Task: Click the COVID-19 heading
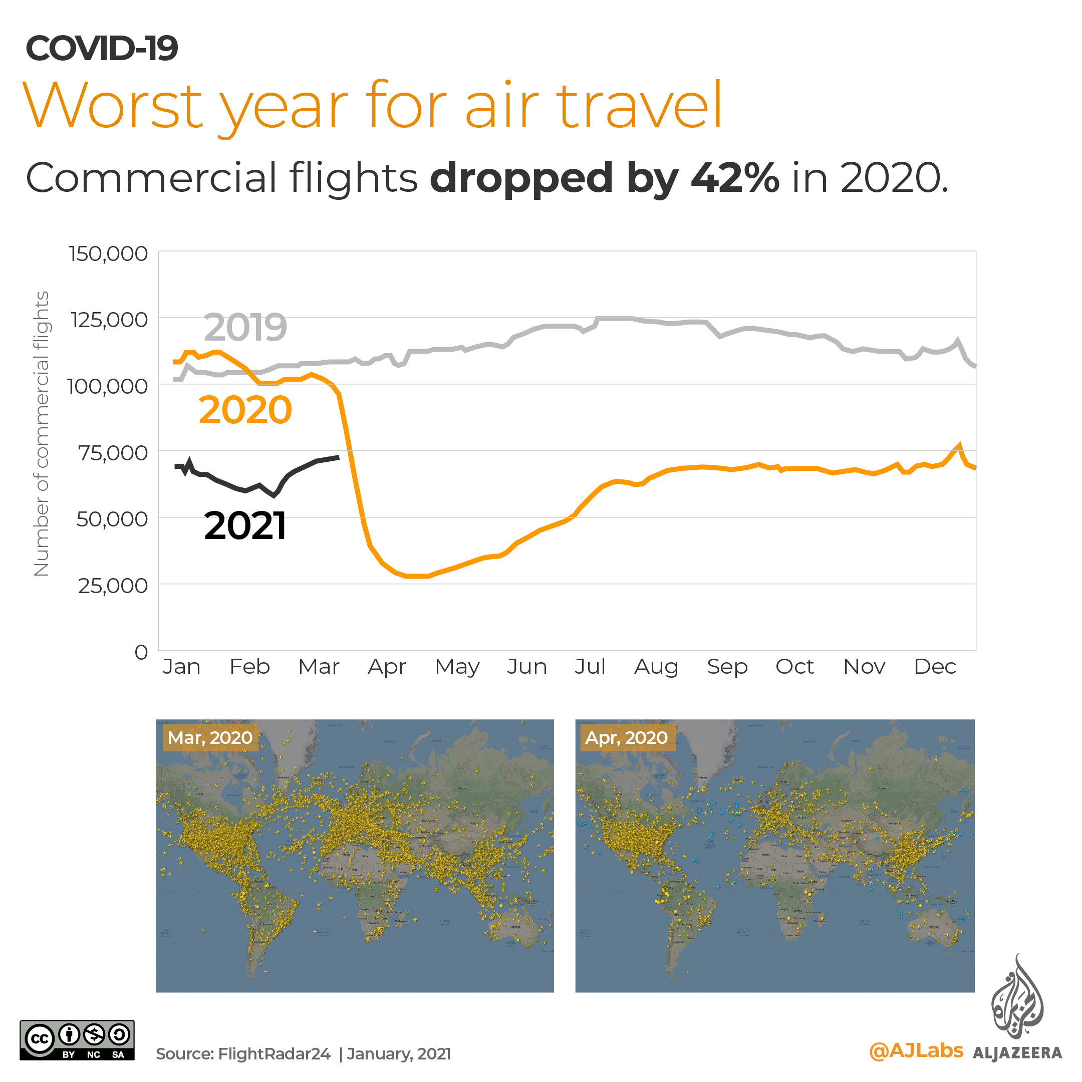pyautogui.click(x=101, y=48)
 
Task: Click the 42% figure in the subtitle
pyautogui.click(x=734, y=178)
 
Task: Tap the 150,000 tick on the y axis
pyautogui.click(x=108, y=253)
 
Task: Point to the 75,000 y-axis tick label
pyautogui.click(x=113, y=452)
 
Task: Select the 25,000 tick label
pyautogui.click(x=113, y=586)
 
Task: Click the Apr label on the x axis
pyautogui.click(x=386, y=666)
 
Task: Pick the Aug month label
pyautogui.click(x=656, y=666)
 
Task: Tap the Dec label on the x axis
pyautogui.click(x=934, y=666)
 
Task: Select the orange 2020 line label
pyautogui.click(x=245, y=410)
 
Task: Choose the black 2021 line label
pyautogui.click(x=245, y=526)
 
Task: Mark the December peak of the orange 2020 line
pyautogui.click(x=959, y=446)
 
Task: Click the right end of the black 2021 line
pyautogui.click(x=338, y=457)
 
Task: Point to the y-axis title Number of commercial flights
pyautogui.click(x=42, y=433)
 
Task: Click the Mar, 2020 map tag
pyautogui.click(x=210, y=737)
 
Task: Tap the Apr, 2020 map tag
pyautogui.click(x=626, y=737)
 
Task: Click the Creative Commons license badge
pyautogui.click(x=77, y=1040)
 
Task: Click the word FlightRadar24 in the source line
pyautogui.click(x=274, y=1054)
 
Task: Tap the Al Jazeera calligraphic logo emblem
pyautogui.click(x=1017, y=998)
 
